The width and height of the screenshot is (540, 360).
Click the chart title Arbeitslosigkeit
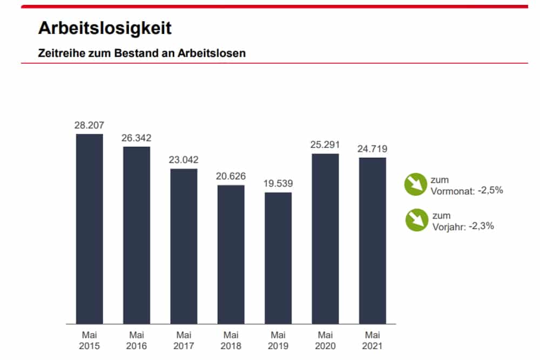click(x=105, y=28)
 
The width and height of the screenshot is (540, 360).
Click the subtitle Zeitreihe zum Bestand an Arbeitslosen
click(x=142, y=53)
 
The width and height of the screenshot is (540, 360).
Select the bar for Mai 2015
click(x=89, y=229)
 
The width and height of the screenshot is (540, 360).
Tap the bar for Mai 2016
click(x=137, y=235)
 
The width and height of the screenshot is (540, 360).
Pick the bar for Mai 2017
click(x=184, y=246)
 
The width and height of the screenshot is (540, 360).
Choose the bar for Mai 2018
click(x=231, y=254)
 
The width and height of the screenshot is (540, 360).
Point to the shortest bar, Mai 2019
click(x=278, y=258)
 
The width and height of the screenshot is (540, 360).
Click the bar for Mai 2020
click(x=325, y=239)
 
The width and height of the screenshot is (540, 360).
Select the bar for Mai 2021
click(x=373, y=241)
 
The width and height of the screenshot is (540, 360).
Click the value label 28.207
click(x=89, y=125)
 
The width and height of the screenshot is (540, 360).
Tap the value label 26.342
click(x=137, y=138)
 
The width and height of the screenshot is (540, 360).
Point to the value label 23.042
click(x=184, y=160)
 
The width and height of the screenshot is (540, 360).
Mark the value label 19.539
click(x=278, y=184)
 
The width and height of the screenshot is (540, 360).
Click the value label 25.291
click(x=325, y=145)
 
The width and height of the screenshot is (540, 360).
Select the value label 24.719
click(x=373, y=148)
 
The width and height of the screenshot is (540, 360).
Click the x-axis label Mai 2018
click(x=231, y=340)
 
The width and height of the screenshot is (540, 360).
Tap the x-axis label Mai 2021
click(x=373, y=340)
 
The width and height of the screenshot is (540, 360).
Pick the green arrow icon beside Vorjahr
click(x=416, y=220)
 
